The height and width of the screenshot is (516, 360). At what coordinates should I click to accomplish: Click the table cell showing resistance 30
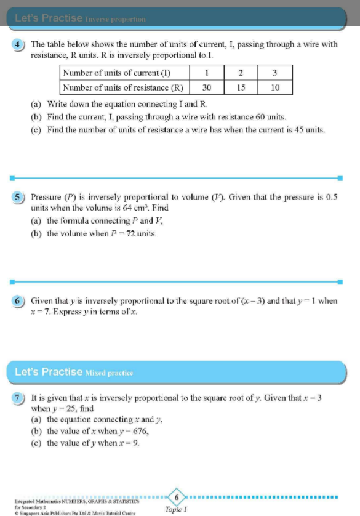pos(207,87)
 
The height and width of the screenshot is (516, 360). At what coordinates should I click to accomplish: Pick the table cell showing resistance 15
pos(241,87)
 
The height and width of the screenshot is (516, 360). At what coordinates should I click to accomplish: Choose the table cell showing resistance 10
pos(274,87)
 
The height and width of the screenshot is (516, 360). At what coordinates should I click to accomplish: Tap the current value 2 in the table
pos(241,74)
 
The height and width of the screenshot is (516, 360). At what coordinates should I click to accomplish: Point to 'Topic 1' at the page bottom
pos(176,510)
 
